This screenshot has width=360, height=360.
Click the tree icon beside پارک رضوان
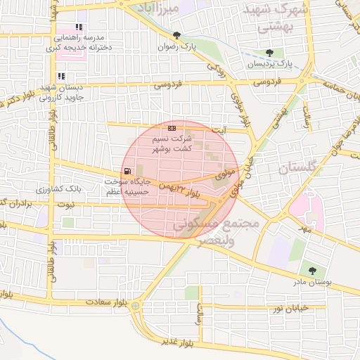(x=176, y=35)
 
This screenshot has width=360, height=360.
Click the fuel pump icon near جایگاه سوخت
(x=127, y=172)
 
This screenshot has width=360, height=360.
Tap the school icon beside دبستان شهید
(x=61, y=76)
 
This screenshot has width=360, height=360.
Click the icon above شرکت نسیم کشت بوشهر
(x=172, y=128)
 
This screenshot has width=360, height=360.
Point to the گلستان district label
(x=300, y=169)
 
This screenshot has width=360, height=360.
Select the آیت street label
(x=220, y=130)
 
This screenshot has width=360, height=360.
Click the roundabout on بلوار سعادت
(x=135, y=306)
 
